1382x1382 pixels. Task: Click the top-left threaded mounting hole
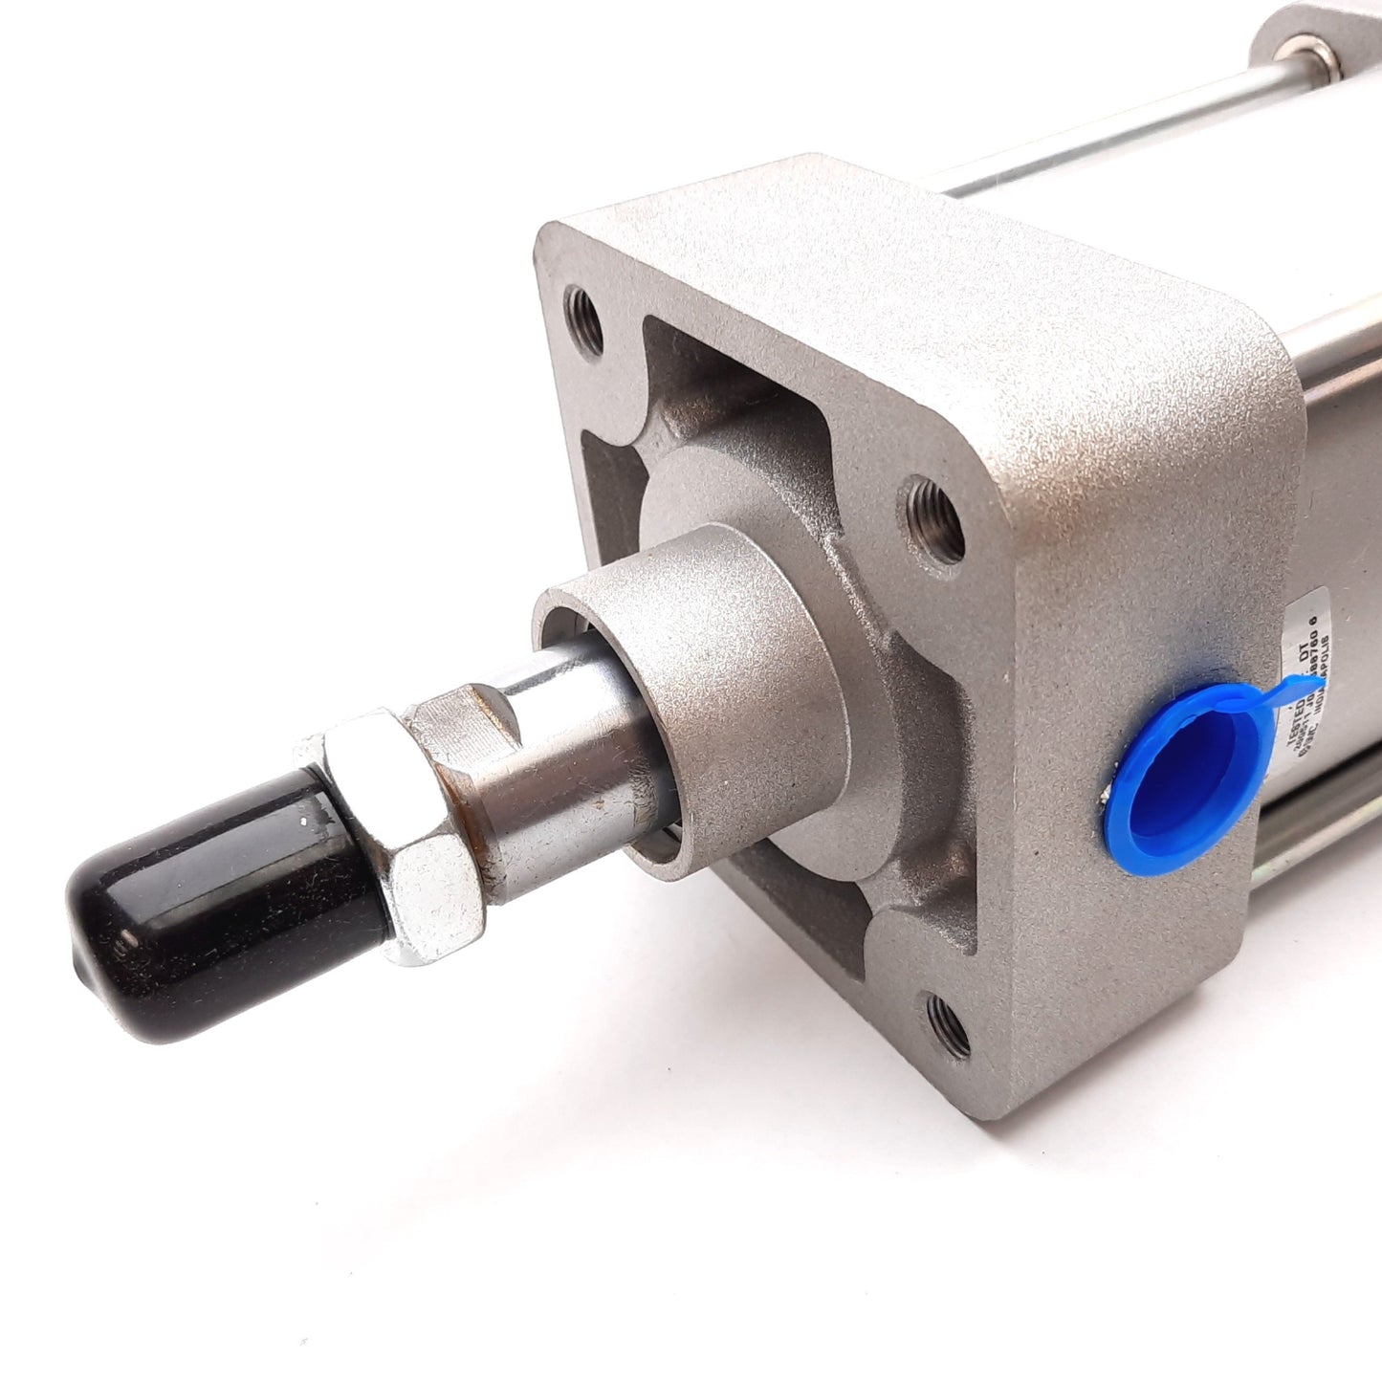[x=585, y=320]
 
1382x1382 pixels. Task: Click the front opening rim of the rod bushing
[x=574, y=612]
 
